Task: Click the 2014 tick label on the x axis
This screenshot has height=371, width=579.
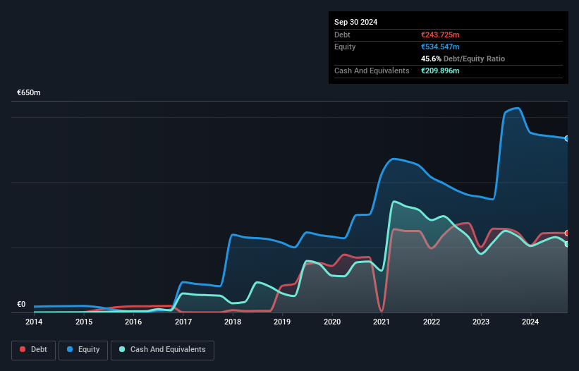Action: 34,322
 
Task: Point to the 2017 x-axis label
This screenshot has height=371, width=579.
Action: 183,322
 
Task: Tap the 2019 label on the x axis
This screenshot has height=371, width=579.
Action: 282,322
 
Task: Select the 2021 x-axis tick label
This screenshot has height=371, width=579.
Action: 382,322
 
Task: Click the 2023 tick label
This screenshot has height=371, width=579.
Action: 481,322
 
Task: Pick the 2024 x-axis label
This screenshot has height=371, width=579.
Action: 530,322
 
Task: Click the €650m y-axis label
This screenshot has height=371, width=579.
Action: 29,93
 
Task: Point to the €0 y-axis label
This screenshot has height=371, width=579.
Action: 21,305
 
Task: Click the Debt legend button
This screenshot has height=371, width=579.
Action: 32,349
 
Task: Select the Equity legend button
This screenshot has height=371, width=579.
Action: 83,349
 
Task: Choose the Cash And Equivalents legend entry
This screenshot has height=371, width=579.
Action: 162,349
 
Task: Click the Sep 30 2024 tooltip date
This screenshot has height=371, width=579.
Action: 355,22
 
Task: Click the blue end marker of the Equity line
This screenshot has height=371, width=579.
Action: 566,138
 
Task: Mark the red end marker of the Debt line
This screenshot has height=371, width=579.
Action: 566,233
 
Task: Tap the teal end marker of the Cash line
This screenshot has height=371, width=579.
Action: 566,244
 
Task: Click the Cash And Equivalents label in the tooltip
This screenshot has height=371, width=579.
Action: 372,71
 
